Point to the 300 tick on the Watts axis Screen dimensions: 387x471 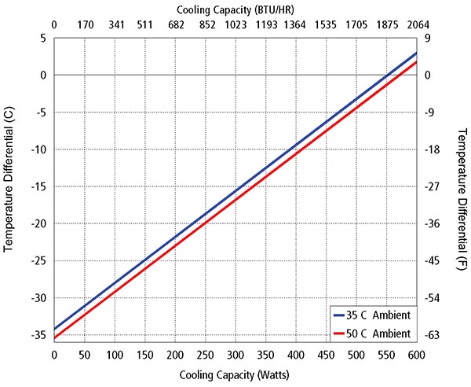pos(235,356)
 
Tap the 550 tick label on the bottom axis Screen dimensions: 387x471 pos(386,356)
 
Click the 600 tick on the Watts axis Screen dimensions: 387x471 pos(416,356)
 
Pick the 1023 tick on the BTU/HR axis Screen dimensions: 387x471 pos(235,24)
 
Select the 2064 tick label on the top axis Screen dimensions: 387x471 pos(416,24)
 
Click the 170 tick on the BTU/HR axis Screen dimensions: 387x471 pos(84,24)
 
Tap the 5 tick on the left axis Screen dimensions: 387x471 pos(43,38)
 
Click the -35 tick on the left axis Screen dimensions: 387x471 pos(37,335)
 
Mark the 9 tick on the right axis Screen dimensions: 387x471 pos(427,38)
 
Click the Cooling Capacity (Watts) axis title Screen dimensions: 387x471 pos(235,374)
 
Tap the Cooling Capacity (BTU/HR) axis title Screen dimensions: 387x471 pos(235,9)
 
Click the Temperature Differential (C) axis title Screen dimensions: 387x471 pos(9,186)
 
